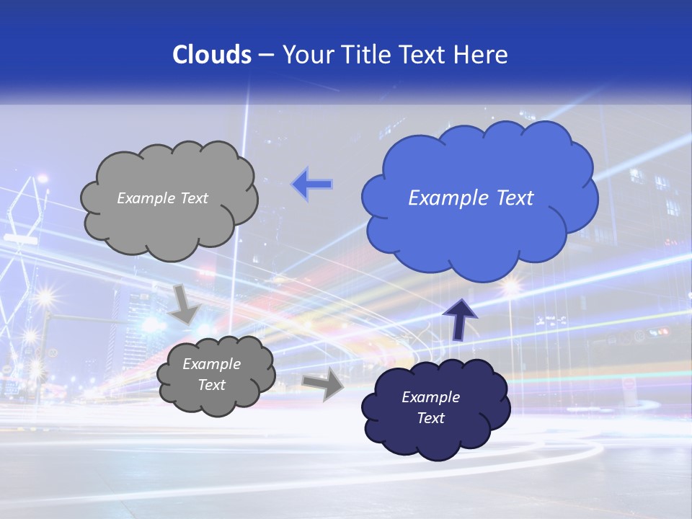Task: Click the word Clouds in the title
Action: point(211,55)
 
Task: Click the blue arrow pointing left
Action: point(312,185)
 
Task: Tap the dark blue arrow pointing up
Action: point(460,319)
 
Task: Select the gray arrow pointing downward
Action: point(185,304)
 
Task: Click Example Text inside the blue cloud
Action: point(471,198)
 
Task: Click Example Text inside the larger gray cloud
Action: point(162,198)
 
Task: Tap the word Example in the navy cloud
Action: point(430,397)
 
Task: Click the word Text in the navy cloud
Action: point(430,418)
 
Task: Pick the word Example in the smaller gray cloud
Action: point(211,364)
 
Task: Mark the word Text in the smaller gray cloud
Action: point(211,385)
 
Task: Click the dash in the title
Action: point(266,55)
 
